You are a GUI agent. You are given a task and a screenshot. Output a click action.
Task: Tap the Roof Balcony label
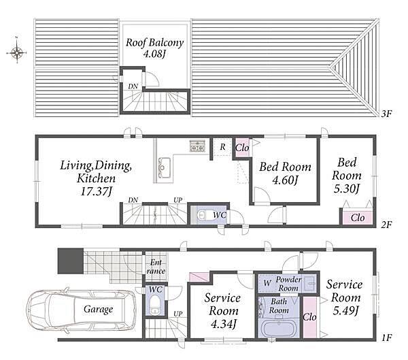(154, 42)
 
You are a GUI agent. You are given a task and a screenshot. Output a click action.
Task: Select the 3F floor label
(386, 114)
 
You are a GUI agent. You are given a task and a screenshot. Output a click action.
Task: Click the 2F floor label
(386, 225)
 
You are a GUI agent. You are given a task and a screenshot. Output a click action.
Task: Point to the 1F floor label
(387, 338)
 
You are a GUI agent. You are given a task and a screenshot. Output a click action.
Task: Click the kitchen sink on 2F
(164, 168)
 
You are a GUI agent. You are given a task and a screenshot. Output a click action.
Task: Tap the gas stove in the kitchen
(197, 146)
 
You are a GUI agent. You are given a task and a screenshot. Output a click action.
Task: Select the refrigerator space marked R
(222, 147)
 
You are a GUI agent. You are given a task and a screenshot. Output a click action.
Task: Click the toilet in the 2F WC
(205, 216)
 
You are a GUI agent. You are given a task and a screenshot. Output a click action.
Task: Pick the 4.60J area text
(285, 180)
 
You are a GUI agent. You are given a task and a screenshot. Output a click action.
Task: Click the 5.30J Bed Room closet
(357, 218)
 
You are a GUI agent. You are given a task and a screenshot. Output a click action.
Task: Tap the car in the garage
(81, 310)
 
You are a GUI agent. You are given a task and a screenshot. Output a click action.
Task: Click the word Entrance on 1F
(156, 267)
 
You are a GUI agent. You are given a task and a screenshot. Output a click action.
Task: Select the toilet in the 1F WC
(156, 305)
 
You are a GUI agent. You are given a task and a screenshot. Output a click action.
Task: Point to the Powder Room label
(288, 284)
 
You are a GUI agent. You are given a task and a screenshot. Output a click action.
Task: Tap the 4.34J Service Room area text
(224, 325)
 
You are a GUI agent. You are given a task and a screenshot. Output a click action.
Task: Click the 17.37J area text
(96, 192)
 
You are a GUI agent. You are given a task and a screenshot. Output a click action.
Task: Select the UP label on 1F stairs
(178, 314)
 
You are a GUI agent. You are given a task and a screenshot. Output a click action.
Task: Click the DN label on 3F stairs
(133, 86)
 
